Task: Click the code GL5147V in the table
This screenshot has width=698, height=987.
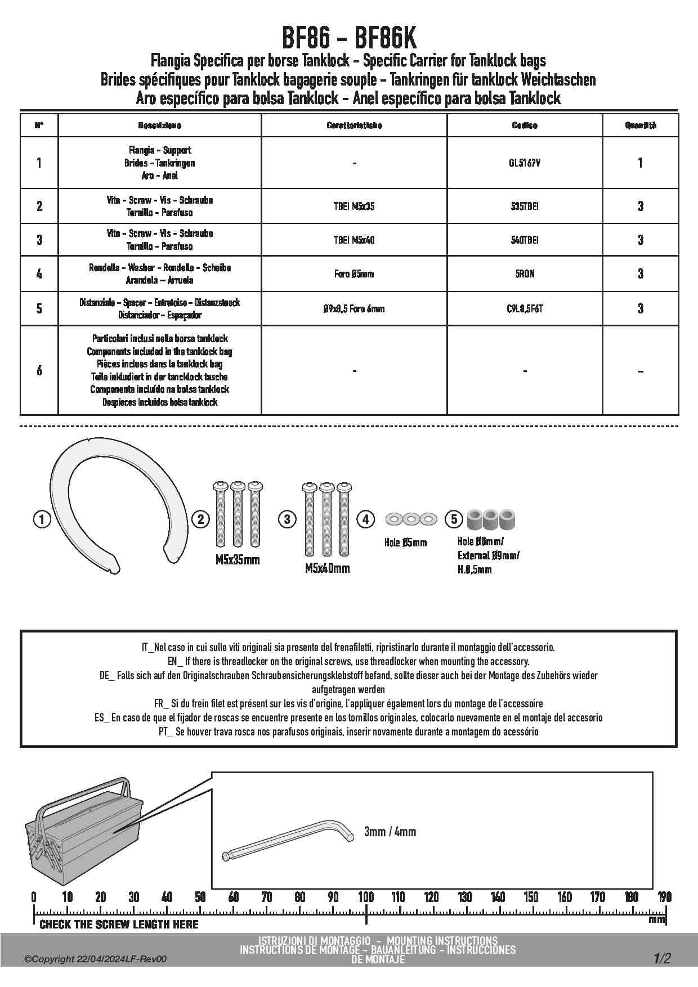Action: [525, 163]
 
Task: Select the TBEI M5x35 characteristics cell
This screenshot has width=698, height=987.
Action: [354, 207]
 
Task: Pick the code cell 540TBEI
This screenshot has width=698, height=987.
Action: [525, 240]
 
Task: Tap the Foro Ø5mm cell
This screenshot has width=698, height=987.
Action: [354, 274]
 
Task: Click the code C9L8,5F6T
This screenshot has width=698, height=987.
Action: [525, 308]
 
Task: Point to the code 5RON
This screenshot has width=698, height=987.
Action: [525, 274]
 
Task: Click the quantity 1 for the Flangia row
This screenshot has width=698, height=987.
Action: [640, 163]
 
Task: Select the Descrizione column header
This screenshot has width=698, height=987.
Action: [160, 125]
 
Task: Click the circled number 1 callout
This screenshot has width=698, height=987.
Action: [42, 519]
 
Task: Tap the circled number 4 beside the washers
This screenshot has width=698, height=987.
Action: [366, 519]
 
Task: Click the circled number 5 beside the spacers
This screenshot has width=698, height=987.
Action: [454, 519]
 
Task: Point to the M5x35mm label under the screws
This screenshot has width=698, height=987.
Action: [238, 560]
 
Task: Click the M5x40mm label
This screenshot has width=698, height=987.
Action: [327, 568]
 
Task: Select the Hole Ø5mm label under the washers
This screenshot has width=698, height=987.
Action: [405, 543]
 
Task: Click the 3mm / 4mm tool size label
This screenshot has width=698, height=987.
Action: [390, 831]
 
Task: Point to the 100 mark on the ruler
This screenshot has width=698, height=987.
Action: [366, 897]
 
